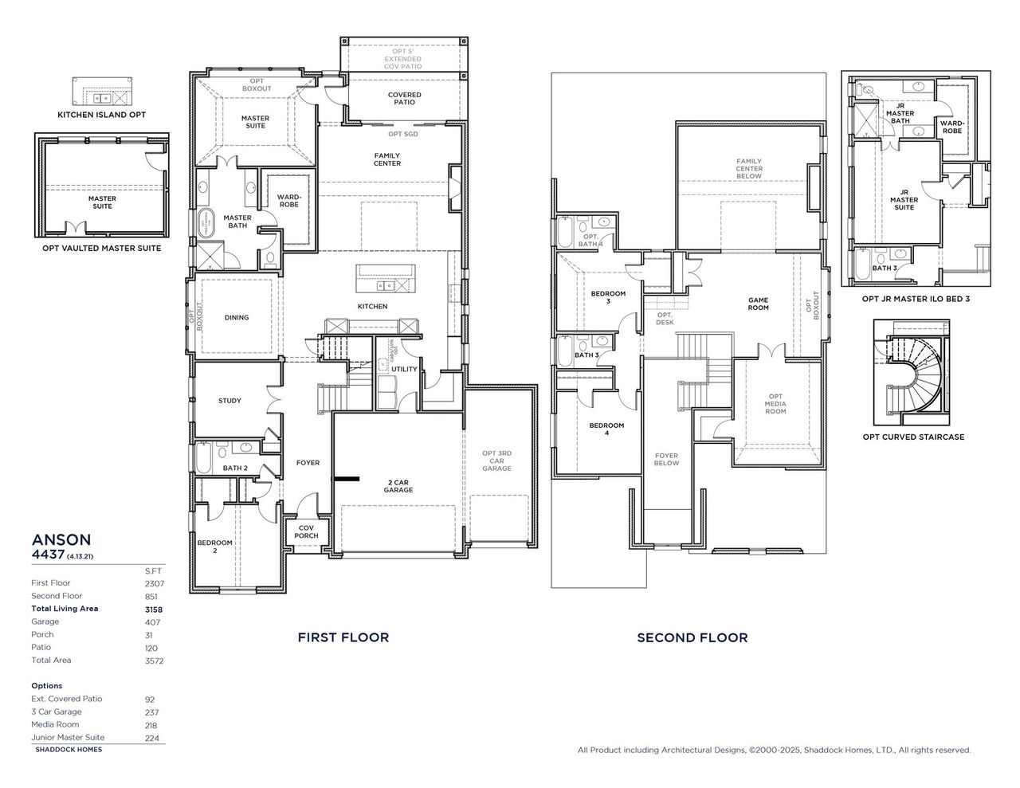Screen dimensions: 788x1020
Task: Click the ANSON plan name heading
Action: pos(61,539)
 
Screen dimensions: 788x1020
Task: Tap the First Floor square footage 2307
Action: pos(155,583)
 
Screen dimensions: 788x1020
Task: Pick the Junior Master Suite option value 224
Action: pos(151,739)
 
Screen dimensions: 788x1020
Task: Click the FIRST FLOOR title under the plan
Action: pos(343,637)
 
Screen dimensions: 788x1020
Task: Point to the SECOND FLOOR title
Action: pos(692,637)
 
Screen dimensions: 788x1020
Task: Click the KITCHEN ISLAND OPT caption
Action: pos(101,115)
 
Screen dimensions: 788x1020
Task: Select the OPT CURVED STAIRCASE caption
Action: pos(913,437)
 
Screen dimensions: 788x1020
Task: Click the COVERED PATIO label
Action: pos(404,98)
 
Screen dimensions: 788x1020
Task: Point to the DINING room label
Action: pos(237,317)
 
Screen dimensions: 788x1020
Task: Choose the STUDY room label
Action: pos(229,401)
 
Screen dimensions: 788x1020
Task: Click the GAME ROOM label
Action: pos(758,304)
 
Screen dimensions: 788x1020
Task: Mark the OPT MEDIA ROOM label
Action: pos(775,404)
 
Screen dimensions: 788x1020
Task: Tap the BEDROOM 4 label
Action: pos(606,429)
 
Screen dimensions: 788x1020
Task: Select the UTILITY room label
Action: pos(404,369)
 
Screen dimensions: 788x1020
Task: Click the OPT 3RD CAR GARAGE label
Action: pos(496,461)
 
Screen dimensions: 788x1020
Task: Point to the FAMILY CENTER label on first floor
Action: pos(387,159)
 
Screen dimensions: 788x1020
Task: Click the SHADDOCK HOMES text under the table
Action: pos(69,750)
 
